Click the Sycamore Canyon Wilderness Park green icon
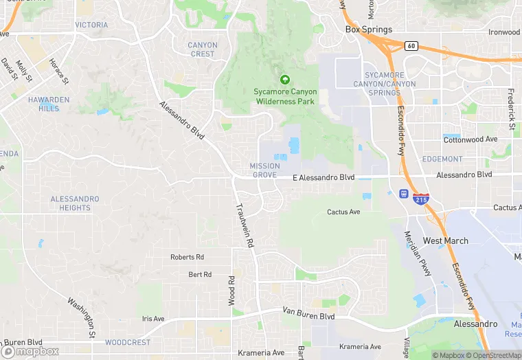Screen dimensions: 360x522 285,79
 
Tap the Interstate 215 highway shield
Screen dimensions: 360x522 421,199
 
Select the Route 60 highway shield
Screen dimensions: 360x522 411,46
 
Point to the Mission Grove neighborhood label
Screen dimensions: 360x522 264,170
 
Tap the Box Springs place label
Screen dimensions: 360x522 369,30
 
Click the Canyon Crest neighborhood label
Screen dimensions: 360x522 203,49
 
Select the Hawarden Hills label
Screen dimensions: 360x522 49,104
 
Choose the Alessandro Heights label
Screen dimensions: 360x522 75,203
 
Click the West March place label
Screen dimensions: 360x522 446,240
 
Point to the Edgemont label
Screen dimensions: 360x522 442,159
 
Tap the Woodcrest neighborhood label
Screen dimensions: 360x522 128,342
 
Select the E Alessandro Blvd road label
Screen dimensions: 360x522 324,177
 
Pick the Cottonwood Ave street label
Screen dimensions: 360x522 470,139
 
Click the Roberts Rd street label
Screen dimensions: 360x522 188,257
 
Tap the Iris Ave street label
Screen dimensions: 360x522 153,319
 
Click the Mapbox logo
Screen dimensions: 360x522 31,351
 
